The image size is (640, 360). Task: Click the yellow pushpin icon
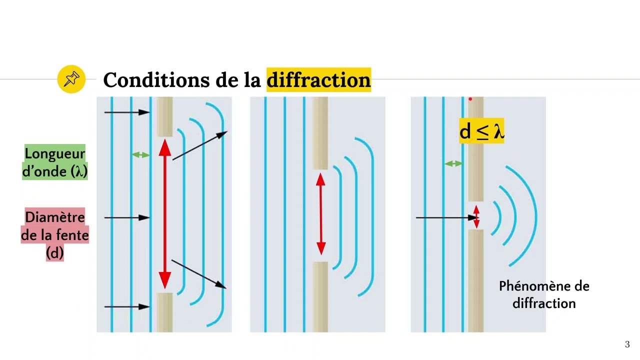[x=71, y=79]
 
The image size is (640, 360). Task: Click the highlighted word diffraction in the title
[x=318, y=80]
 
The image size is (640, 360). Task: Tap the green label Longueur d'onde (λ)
[x=55, y=162]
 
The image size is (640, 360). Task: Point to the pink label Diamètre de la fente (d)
[x=55, y=235]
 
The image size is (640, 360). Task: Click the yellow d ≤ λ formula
[x=481, y=131]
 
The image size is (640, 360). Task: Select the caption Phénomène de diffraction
[x=544, y=294]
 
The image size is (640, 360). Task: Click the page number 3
[x=627, y=344]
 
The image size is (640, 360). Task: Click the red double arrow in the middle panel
[x=321, y=214]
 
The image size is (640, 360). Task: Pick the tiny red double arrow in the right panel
[x=476, y=217]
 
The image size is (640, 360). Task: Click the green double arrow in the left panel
[x=141, y=155]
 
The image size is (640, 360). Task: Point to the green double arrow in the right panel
[x=453, y=163]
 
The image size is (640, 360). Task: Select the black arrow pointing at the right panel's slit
[x=445, y=217]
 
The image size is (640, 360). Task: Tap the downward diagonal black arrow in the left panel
[x=198, y=273]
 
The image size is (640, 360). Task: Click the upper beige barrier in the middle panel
[x=320, y=133]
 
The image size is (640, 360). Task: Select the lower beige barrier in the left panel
[x=165, y=312]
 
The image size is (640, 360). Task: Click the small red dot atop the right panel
[x=470, y=99]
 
